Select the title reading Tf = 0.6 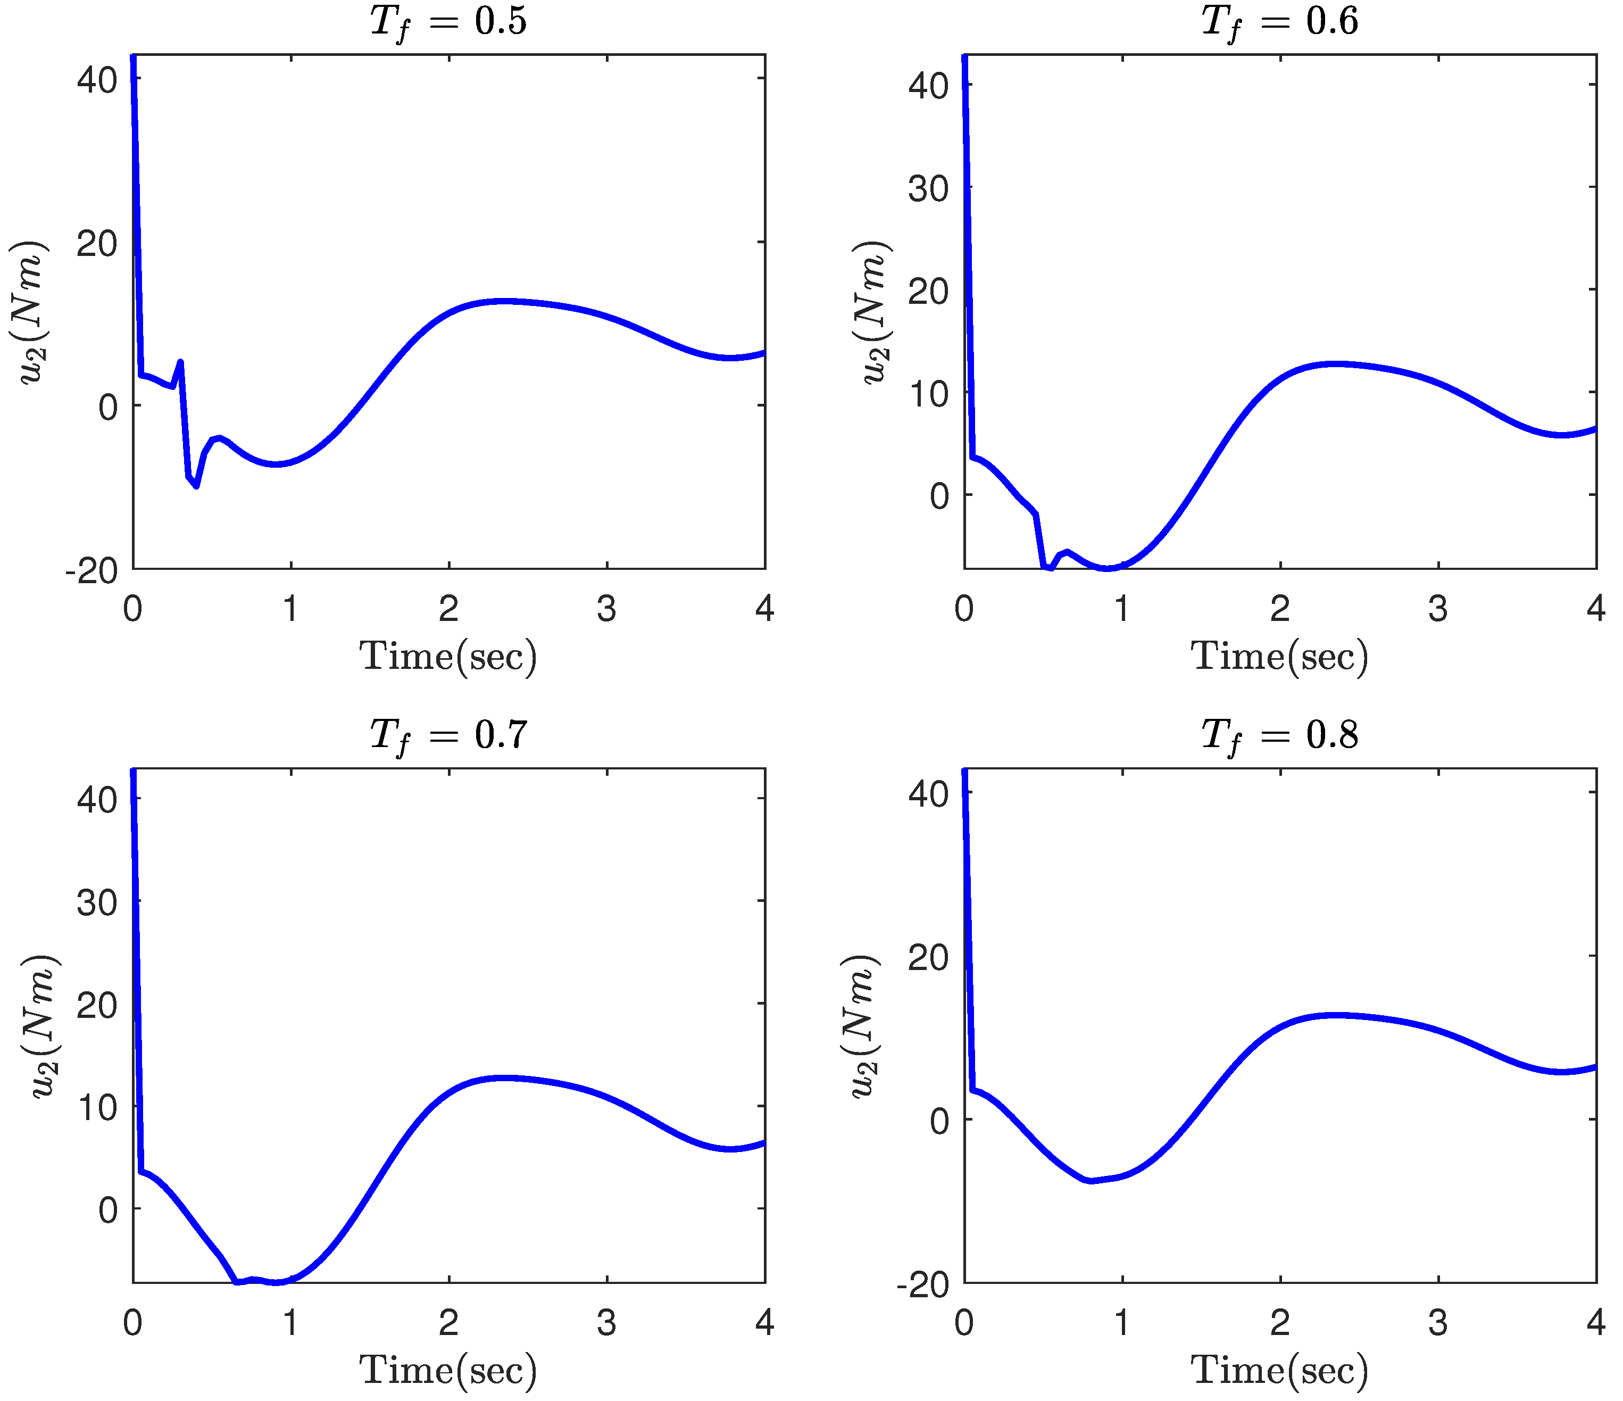1279,22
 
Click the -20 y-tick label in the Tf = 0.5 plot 91,571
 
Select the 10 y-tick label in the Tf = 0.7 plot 97,1107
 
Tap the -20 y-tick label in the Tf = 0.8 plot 923,1285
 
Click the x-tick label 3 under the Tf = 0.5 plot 606,609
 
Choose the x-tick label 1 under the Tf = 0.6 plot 1122,609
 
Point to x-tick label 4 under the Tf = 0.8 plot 1595,1323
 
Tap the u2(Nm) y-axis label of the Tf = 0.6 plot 871,312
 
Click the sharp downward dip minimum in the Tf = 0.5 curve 196,486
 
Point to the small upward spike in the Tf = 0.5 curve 181,362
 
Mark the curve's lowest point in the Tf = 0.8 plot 1091,1180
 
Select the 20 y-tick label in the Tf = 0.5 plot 97,244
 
